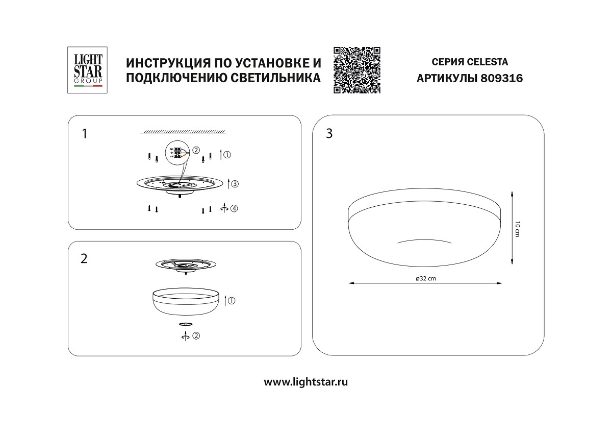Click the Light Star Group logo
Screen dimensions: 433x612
pos(85,70)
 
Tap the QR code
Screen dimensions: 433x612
pos(357,70)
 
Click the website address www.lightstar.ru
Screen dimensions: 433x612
pos(306,381)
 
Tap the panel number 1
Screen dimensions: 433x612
pos(85,134)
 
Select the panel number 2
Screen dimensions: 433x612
pos(85,258)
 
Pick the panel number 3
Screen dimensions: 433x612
pos(329,134)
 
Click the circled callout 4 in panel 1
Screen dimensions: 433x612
pos(234,208)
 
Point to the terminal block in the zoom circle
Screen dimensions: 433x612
pos(177,152)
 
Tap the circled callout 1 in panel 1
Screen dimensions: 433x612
pos(227,154)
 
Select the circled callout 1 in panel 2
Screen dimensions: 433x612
pos(232,301)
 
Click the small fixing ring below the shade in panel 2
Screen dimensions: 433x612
pos(186,324)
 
